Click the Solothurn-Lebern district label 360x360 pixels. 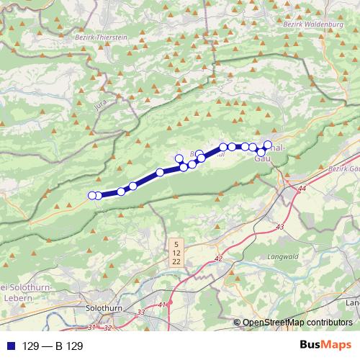pos(16,285)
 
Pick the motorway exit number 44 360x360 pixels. pos(301,189)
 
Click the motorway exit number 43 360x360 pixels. pos(280,227)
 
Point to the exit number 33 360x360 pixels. pos(140,312)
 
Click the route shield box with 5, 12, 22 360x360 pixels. pos(176,253)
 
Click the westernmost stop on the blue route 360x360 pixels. pos(92,195)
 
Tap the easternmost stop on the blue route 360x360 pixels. pos(269,144)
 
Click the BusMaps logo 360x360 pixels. pos(323,346)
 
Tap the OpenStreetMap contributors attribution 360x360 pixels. pos(297,322)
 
